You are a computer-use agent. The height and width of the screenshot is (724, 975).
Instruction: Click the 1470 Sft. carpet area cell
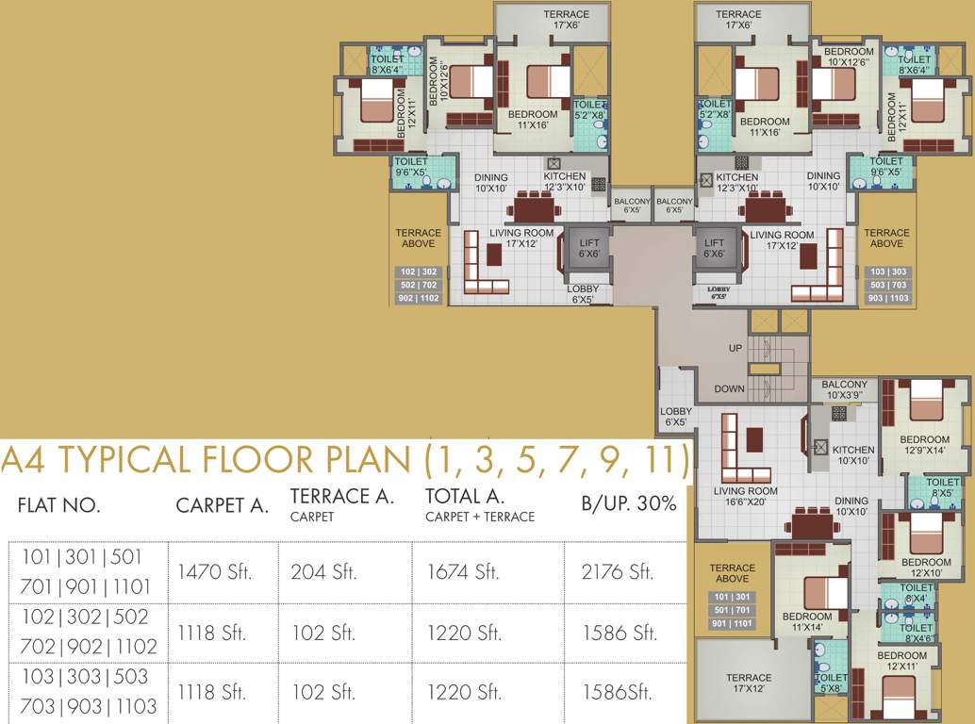click(214, 572)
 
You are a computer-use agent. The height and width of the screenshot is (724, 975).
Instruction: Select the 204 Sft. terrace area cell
click(322, 572)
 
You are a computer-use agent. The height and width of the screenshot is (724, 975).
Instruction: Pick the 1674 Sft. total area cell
click(463, 572)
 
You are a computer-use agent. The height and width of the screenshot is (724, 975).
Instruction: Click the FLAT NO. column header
click(58, 505)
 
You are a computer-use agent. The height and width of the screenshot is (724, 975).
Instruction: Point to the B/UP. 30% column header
click(629, 503)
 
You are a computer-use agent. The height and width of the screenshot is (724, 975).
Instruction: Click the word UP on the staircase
click(735, 348)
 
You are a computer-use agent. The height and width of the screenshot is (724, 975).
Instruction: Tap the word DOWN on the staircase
click(729, 388)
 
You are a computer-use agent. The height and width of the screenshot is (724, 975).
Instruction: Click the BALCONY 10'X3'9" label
click(844, 390)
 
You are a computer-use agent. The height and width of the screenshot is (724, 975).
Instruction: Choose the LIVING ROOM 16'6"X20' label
click(745, 497)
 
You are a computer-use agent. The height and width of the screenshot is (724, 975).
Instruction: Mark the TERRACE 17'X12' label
click(749, 683)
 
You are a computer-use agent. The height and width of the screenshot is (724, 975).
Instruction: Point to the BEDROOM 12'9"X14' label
click(924, 445)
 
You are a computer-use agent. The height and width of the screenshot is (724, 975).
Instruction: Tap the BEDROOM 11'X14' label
click(807, 622)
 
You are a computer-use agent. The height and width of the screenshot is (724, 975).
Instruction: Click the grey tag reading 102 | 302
click(418, 271)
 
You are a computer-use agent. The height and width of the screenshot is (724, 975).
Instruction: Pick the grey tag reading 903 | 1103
click(886, 299)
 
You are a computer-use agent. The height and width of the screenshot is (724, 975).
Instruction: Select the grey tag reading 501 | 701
click(733, 610)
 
